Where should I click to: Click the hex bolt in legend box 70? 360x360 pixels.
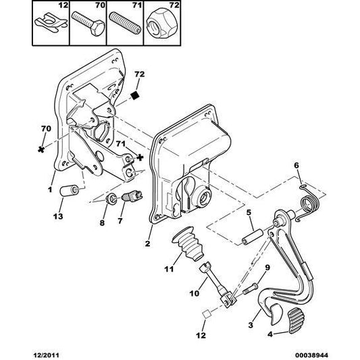tap(88, 23)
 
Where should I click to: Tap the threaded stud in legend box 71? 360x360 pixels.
tap(124, 23)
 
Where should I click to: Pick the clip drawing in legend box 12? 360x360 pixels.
tap(51, 22)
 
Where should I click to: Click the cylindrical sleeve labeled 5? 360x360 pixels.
tap(253, 236)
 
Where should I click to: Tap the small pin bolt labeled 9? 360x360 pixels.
tap(251, 288)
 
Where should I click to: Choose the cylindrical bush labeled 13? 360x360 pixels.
tap(68, 190)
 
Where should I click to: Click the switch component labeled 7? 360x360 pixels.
tap(132, 197)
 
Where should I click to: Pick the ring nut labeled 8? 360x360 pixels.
tap(112, 199)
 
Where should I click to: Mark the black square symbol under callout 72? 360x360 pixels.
tap(134, 95)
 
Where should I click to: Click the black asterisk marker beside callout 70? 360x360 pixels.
tap(41, 149)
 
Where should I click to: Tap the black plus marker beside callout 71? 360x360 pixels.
tap(140, 157)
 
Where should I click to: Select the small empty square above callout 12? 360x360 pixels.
tap(207, 314)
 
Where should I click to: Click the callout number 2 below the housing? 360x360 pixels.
tap(147, 243)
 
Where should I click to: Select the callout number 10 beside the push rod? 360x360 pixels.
tap(195, 293)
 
